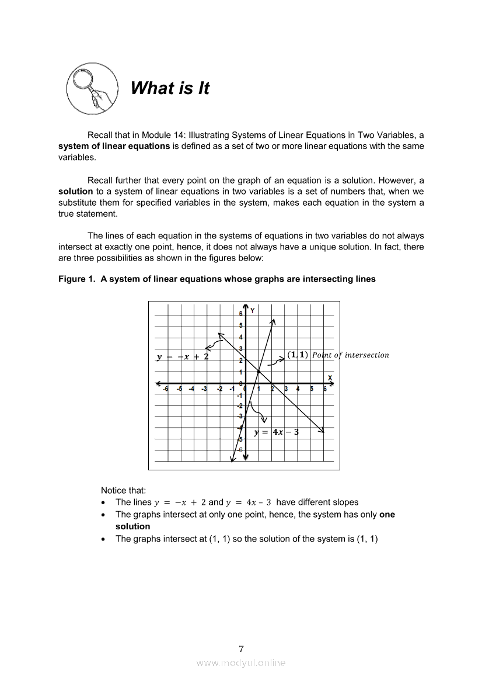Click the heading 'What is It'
(170, 88)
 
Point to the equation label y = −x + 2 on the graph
(183, 356)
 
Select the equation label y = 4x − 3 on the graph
(277, 432)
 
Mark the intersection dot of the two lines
(259, 372)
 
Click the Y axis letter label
(252, 311)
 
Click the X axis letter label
(330, 378)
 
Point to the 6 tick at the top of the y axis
(240, 314)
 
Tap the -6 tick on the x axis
(166, 389)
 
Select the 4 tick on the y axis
(240, 337)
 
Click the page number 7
(241, 648)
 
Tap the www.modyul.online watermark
(241, 663)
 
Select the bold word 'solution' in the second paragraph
(75, 191)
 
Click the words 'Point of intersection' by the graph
(350, 355)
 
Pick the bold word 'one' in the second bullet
(387, 515)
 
